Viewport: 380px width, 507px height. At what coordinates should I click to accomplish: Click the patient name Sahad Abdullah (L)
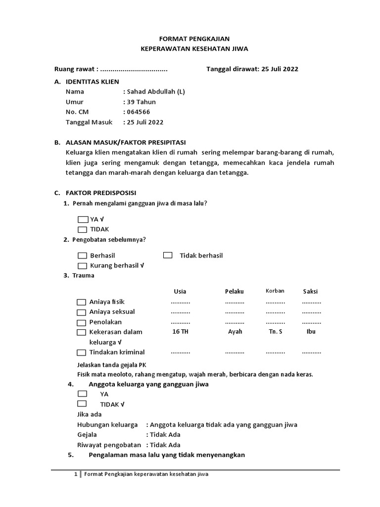pos(155,92)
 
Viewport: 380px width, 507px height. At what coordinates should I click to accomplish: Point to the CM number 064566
pos(139,112)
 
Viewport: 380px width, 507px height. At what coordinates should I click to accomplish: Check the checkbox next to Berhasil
pos(82,255)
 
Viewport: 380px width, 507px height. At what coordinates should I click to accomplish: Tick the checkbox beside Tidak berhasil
pos(168,255)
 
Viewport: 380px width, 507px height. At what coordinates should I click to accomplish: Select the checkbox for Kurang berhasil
pos(82,266)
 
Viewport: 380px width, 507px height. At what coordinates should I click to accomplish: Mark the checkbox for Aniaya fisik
pos(81,302)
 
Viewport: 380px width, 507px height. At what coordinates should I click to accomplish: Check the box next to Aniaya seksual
pos(81,312)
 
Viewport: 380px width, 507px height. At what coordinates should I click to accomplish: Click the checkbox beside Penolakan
pos(81,322)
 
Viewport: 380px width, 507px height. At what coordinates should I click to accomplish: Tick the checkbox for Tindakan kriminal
pos(81,353)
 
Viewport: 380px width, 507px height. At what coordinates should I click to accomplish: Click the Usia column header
pos(180,291)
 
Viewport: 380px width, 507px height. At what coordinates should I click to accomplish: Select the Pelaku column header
pos(235,291)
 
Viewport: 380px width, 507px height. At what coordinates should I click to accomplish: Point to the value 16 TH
pos(180,332)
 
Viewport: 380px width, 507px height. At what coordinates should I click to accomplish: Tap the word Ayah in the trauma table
pos(235,332)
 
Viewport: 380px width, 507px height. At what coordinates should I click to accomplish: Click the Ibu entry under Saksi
pos(311,332)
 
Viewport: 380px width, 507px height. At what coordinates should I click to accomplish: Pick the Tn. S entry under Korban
pos(275,332)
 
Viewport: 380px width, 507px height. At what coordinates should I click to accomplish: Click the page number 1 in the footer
pos(76,474)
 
